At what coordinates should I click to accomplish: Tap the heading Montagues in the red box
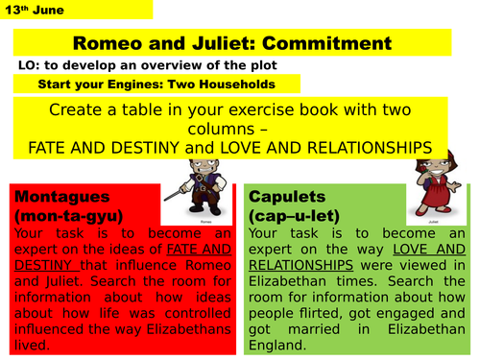[x=62, y=196]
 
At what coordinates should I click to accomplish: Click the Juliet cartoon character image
[x=433, y=184]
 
